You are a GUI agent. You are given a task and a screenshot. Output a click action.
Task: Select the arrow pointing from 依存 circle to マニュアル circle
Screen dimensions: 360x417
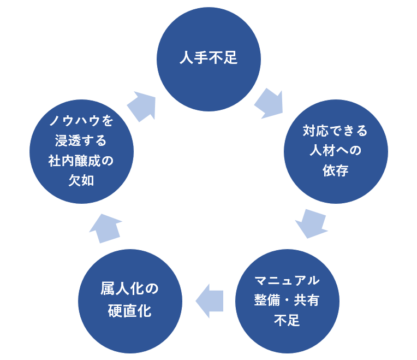[311, 223]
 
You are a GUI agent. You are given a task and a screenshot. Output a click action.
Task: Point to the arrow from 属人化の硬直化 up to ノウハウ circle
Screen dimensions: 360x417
[105, 227]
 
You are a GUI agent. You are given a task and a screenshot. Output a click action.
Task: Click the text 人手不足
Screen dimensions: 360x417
[208, 58]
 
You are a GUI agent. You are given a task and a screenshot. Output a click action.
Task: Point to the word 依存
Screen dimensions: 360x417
[336, 170]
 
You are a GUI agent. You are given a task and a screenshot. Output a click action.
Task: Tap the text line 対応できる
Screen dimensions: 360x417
[336, 131]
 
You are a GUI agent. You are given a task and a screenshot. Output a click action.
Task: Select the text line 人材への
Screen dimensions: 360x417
[336, 151]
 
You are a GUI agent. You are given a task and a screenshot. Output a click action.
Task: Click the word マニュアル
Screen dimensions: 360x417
[287, 281]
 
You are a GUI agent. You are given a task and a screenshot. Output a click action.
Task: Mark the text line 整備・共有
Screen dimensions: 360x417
[287, 300]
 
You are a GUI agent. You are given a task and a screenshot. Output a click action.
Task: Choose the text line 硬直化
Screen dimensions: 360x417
[130, 311]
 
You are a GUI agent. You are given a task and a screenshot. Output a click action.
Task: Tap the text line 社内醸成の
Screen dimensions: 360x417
[81, 161]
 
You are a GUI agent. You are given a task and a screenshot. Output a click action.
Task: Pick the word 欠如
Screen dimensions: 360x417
[81, 181]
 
